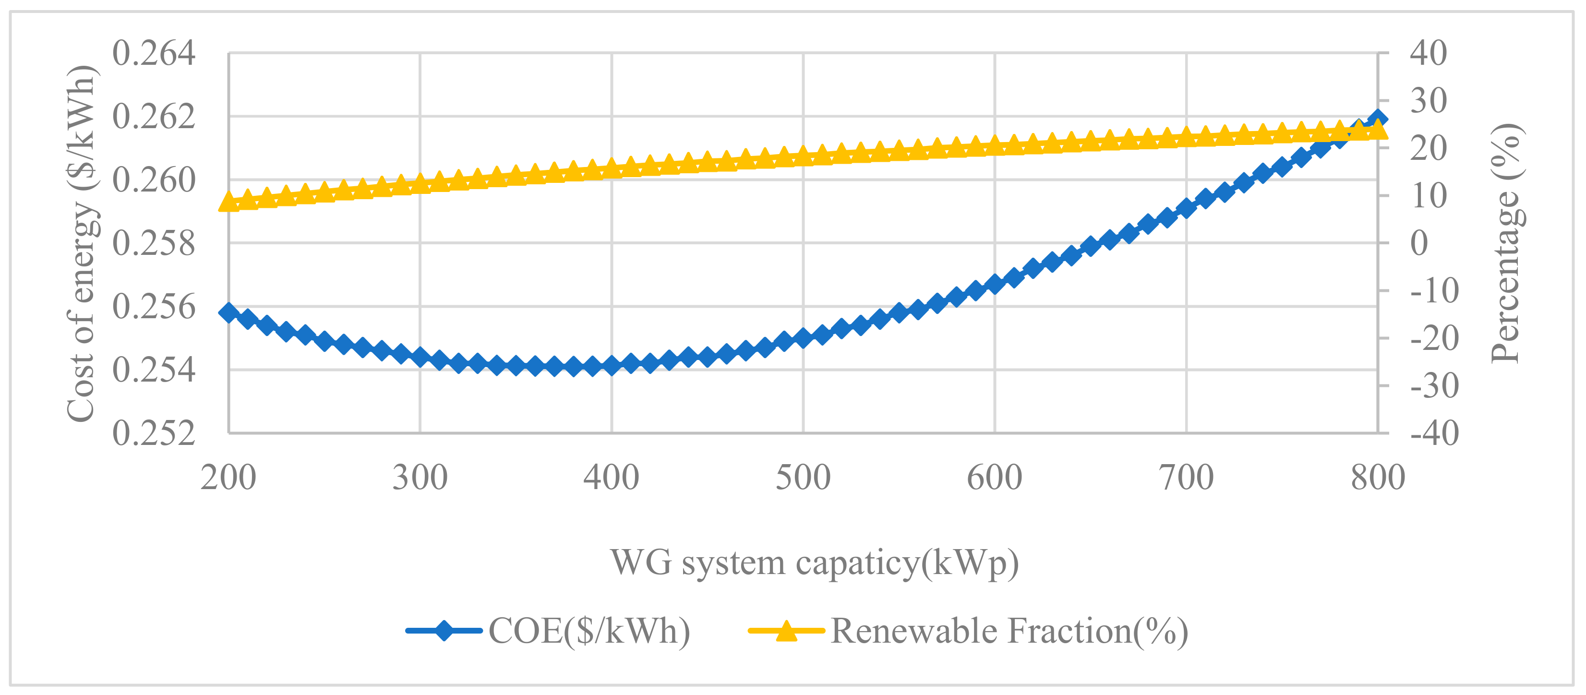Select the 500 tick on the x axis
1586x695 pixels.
coord(803,478)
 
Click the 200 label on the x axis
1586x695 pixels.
coord(228,478)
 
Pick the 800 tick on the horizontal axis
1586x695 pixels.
coord(1378,478)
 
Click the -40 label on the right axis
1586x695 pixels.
coord(1434,433)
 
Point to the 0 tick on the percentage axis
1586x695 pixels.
coord(1418,243)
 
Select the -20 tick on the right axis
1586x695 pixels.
coord(1434,338)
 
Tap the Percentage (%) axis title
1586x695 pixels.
coord(1505,243)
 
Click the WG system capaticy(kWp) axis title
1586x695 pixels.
coord(815,563)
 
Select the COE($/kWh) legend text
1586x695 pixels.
coord(589,631)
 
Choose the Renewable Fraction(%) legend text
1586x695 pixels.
coord(1009,631)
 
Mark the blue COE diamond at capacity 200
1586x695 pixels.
coord(229,313)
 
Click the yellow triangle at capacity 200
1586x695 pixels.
coord(229,202)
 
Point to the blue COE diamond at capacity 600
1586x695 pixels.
coord(994,284)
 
